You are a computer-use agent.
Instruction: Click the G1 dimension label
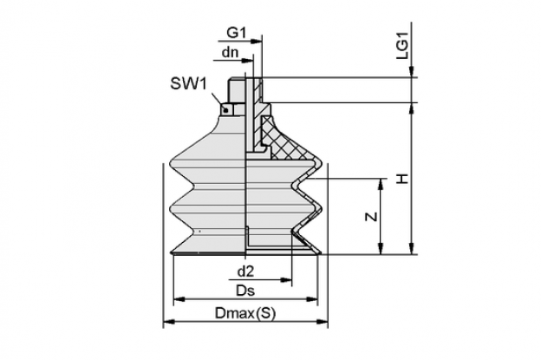point(237,33)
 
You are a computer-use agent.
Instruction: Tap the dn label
point(230,52)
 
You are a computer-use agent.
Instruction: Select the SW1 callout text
point(188,84)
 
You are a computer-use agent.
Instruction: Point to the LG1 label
point(402,45)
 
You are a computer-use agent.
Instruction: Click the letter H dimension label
point(402,179)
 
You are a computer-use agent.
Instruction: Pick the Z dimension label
point(371,217)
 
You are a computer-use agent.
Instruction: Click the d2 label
point(245,272)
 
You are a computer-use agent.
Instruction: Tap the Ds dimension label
point(245,291)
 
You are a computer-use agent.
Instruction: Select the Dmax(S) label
point(245,313)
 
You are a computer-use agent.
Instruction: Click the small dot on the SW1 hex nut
point(225,110)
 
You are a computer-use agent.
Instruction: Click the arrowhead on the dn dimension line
point(248,61)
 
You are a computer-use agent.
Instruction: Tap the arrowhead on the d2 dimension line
point(286,280)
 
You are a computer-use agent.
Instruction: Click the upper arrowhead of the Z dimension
point(381,185)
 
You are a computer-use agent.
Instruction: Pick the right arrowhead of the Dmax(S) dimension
point(322,322)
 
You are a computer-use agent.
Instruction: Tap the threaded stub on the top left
point(237,89)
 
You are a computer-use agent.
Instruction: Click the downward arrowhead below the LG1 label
point(411,71)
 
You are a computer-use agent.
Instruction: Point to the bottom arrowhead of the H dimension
point(411,248)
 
